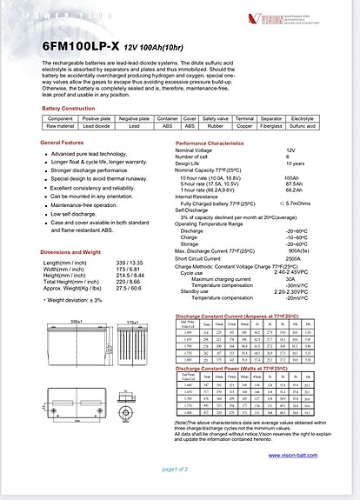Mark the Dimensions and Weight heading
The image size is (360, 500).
[70, 252]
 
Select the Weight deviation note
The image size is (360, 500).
[73, 300]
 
